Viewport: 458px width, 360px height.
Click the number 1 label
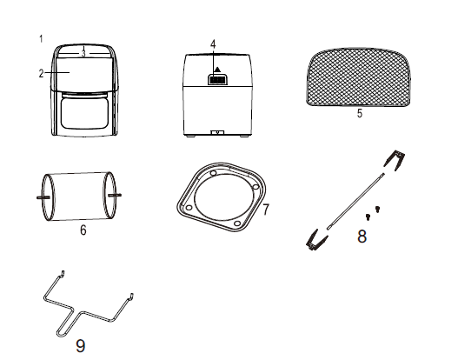pyautogui.click(x=41, y=38)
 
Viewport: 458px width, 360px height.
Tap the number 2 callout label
pyautogui.click(x=41, y=73)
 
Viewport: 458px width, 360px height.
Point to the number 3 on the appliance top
pyautogui.click(x=83, y=53)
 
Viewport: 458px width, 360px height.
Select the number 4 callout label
pyautogui.click(x=213, y=44)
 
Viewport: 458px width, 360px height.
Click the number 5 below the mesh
pyautogui.click(x=360, y=113)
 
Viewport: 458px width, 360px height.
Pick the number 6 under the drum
pyautogui.click(x=83, y=230)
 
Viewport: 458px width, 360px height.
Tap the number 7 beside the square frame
pyautogui.click(x=266, y=210)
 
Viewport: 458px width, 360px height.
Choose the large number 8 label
pyautogui.click(x=362, y=237)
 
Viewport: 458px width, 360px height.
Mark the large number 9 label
pyautogui.click(x=81, y=346)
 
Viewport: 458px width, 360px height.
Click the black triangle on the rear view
pyautogui.click(x=217, y=70)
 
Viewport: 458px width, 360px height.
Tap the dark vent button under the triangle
pyautogui.click(x=217, y=79)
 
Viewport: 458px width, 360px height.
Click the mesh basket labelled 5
pyautogui.click(x=358, y=77)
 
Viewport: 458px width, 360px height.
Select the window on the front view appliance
pyautogui.click(x=85, y=113)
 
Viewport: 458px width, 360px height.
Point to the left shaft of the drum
pyautogui.click(x=43, y=197)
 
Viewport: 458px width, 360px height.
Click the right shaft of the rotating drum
pyautogui.click(x=115, y=195)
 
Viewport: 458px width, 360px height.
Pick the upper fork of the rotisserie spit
pyautogui.click(x=394, y=159)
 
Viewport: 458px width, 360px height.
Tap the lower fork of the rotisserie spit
pyautogui.click(x=315, y=240)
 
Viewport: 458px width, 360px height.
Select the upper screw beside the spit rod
pyautogui.click(x=377, y=209)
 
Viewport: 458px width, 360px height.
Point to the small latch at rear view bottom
pyautogui.click(x=217, y=133)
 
